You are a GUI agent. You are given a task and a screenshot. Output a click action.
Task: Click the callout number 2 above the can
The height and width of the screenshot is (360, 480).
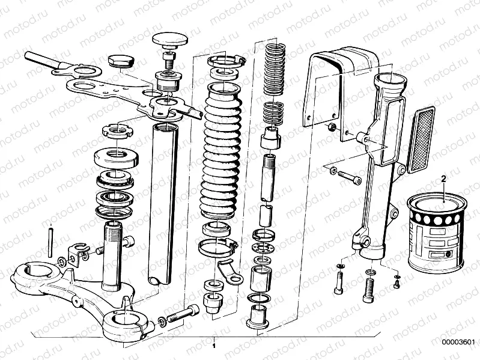444,178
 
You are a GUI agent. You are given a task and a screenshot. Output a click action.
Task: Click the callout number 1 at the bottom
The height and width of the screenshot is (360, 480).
214,347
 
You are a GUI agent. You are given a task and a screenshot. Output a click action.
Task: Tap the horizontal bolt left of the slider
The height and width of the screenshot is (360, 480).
346,175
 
